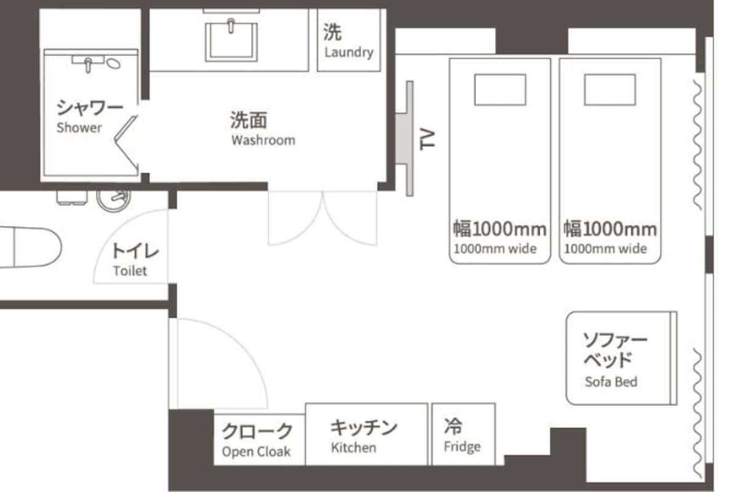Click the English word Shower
79,127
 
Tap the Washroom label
263,140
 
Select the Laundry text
349,52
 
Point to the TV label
427,140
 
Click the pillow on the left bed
500,90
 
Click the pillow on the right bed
610,90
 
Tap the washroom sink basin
231,41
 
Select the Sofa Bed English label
611,382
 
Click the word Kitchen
354,448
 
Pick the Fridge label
462,447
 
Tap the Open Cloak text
256,452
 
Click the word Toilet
130,271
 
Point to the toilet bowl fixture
31,247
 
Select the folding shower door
126,145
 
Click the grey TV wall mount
405,139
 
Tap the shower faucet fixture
89,63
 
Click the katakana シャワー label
90,108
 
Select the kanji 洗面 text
248,120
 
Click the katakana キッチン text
363,427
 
